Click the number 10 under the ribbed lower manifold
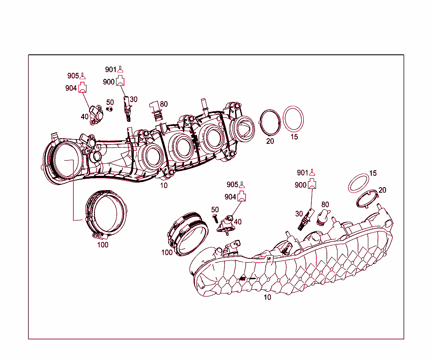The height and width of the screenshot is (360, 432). [x=267, y=297]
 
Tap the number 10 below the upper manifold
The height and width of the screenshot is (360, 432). [x=164, y=185]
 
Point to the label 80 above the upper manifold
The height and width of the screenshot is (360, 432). [x=164, y=104]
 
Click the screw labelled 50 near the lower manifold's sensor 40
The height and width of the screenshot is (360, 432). [x=215, y=218]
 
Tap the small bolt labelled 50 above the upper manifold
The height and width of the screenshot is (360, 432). [x=110, y=109]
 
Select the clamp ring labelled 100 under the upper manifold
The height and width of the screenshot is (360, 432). [x=105, y=213]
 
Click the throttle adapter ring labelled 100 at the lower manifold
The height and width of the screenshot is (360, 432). [x=187, y=236]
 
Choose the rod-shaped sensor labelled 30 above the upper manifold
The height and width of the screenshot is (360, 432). [x=126, y=109]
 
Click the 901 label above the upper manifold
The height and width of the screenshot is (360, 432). [x=111, y=70]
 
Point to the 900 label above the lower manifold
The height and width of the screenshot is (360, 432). [x=301, y=185]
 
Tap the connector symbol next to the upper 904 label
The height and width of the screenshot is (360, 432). [x=83, y=88]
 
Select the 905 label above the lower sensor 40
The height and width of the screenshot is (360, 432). [x=232, y=185]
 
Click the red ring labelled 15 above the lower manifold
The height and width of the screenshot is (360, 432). [x=358, y=183]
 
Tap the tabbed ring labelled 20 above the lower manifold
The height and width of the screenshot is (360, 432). [x=366, y=199]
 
